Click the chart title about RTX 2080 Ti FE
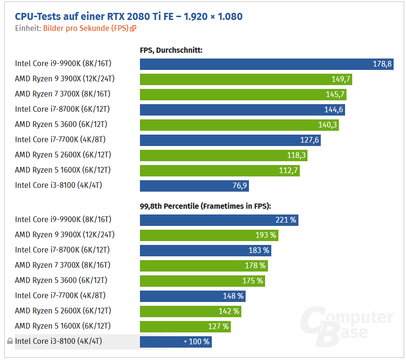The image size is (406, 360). coord(129,17)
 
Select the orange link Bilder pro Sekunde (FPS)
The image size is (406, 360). coord(86,28)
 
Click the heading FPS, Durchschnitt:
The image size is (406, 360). coord(171,50)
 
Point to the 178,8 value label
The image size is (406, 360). coord(382,64)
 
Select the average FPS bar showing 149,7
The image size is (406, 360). coord(246,79)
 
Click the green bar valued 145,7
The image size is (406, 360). coord(243,94)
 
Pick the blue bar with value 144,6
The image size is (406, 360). coord(242,109)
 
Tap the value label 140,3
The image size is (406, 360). coord(327,125)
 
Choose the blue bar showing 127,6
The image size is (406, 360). coord(230,140)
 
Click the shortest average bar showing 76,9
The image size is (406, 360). coord(194,185)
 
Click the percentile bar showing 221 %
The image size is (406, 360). coord(219,220)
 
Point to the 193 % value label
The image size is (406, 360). coord(266,235)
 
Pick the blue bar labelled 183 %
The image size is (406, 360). coord(205,250)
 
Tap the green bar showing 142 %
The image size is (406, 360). coord(190,311)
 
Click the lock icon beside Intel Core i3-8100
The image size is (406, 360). coord(10,341)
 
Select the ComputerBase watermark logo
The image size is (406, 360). coord(347,325)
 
